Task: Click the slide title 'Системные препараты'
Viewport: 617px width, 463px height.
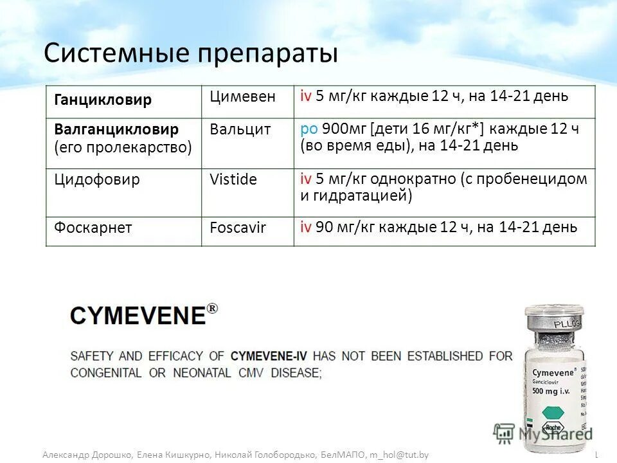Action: tap(191, 53)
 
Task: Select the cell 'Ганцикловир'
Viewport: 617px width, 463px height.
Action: tap(103, 100)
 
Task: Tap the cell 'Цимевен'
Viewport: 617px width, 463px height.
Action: tap(242, 97)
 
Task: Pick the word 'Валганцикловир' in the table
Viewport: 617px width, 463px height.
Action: tap(116, 129)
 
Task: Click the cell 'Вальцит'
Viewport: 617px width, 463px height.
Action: tap(240, 130)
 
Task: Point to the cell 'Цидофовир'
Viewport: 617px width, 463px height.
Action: tap(97, 179)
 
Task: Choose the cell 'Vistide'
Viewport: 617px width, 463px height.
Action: tap(233, 180)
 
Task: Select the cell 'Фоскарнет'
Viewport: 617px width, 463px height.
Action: tap(93, 227)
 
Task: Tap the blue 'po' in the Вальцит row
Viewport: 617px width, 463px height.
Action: tap(308, 129)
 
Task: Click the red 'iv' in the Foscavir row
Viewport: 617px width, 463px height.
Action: tap(306, 226)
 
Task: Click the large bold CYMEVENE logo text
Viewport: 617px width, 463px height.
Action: tap(138, 316)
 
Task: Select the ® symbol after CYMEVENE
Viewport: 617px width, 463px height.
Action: tap(212, 309)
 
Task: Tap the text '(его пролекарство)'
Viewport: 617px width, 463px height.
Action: tap(123, 147)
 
